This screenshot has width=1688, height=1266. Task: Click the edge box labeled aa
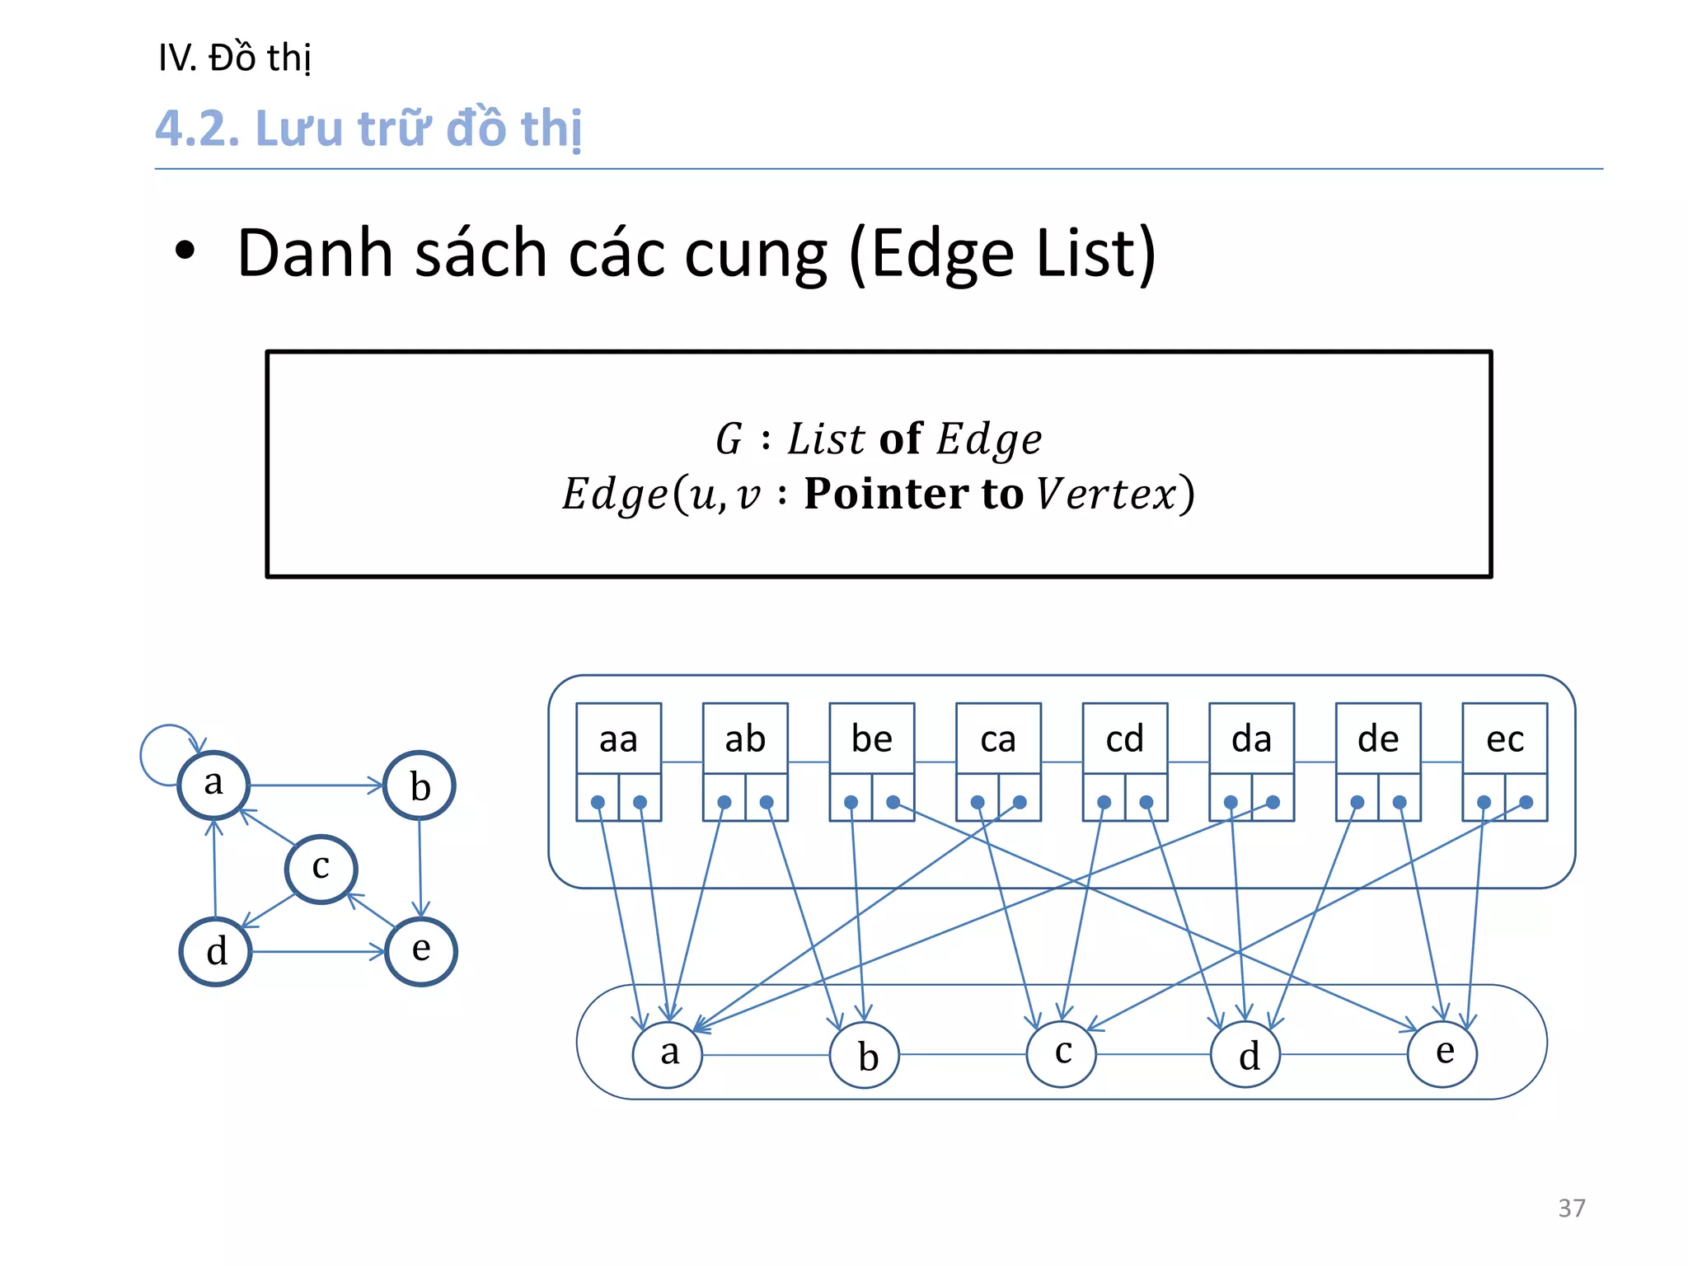coord(618,739)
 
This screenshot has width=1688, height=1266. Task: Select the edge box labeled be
coord(871,739)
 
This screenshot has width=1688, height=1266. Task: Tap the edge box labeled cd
coord(1124,739)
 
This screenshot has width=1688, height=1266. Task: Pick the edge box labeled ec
coord(1504,739)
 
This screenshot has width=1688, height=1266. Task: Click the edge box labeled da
coord(1251,739)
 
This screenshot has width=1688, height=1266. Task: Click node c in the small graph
coord(321,869)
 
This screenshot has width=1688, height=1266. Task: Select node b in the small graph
coord(420,785)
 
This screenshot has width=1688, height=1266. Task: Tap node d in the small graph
coord(216,952)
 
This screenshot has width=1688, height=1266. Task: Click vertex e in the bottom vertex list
coord(1442,1053)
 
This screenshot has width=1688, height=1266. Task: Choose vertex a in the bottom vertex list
coord(668,1054)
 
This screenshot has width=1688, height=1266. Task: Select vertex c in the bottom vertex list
coord(1062,1053)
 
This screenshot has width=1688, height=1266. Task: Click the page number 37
coord(1571,1207)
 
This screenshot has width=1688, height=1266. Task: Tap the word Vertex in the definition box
coord(1106,494)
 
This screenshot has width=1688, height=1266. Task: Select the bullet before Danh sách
coord(185,252)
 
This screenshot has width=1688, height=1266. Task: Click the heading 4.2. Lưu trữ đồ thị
coord(368,129)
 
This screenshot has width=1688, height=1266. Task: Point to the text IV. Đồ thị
coord(234,58)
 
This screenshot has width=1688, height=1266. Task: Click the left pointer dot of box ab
coord(724,802)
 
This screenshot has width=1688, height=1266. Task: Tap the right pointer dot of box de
coord(1400,802)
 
